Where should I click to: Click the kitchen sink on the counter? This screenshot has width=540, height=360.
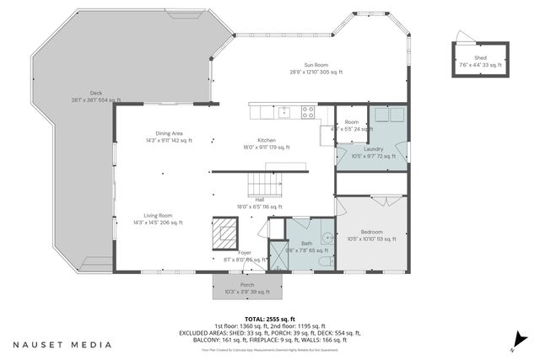click(285, 110)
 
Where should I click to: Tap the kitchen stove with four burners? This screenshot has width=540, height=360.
click(308, 110)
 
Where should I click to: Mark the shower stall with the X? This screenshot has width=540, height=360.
click(278, 255)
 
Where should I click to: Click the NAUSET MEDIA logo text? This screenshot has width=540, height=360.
click(61, 345)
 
